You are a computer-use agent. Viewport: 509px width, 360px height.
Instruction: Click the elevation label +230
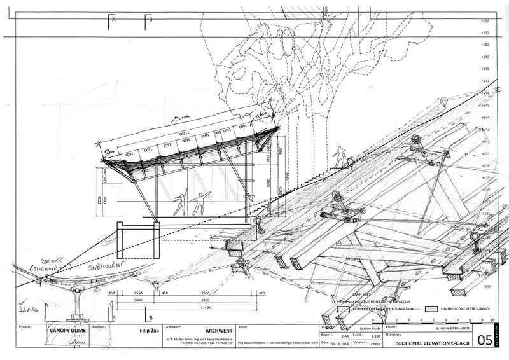(486, 287)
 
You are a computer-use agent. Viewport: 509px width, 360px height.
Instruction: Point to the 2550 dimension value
(139, 293)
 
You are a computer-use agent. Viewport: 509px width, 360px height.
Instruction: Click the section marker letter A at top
(114, 20)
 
